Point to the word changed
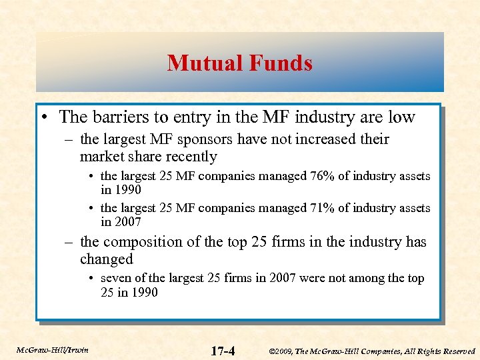[x=107, y=259]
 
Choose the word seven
[x=116, y=279]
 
